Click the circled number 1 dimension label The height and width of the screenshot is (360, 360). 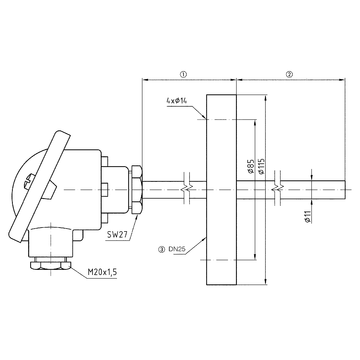click(183, 74)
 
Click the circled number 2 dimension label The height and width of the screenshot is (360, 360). click(289, 74)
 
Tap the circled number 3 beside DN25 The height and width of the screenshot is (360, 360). click(162, 249)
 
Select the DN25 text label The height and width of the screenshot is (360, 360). click(176, 249)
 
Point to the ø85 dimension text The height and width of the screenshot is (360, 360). click(251, 166)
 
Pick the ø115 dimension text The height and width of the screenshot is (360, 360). click(261, 166)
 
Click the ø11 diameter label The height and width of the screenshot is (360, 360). click(308, 216)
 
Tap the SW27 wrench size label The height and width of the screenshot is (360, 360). click(116, 234)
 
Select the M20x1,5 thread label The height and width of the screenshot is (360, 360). click(102, 272)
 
